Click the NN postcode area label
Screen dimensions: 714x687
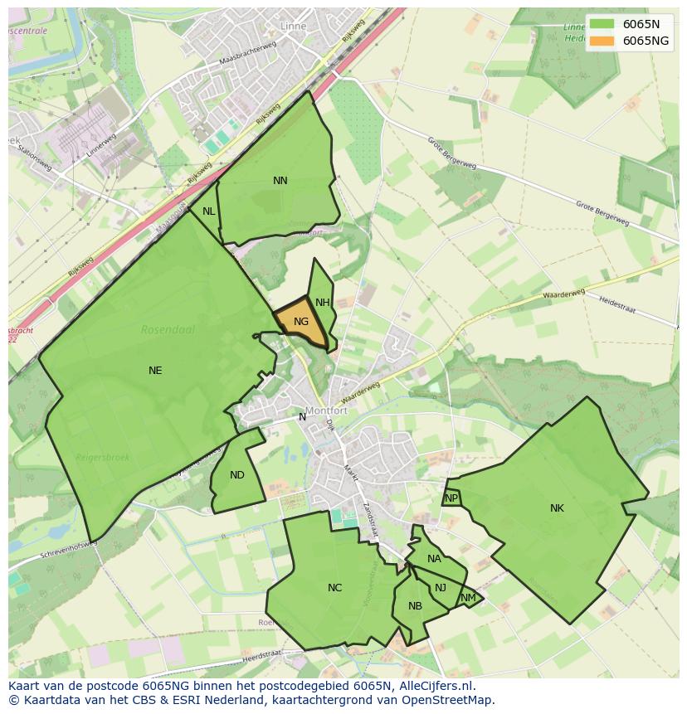click(280, 181)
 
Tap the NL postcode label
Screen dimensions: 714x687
click(209, 211)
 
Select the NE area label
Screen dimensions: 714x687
click(155, 371)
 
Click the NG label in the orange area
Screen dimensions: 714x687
click(301, 322)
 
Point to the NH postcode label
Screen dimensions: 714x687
click(323, 303)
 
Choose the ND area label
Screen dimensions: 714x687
click(237, 475)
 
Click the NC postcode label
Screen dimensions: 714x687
click(334, 588)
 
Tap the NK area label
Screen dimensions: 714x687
click(557, 508)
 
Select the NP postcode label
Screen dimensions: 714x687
click(451, 498)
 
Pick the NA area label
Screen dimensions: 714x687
click(434, 559)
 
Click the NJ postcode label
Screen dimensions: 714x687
click(441, 588)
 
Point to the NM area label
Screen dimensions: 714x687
click(469, 598)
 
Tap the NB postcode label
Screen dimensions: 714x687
click(415, 606)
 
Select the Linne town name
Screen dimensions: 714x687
click(293, 27)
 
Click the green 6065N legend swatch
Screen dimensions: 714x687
click(603, 24)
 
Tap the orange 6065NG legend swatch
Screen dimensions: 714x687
click(603, 41)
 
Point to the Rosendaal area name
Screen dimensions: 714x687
click(168, 329)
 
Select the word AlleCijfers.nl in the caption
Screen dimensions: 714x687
click(433, 686)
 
